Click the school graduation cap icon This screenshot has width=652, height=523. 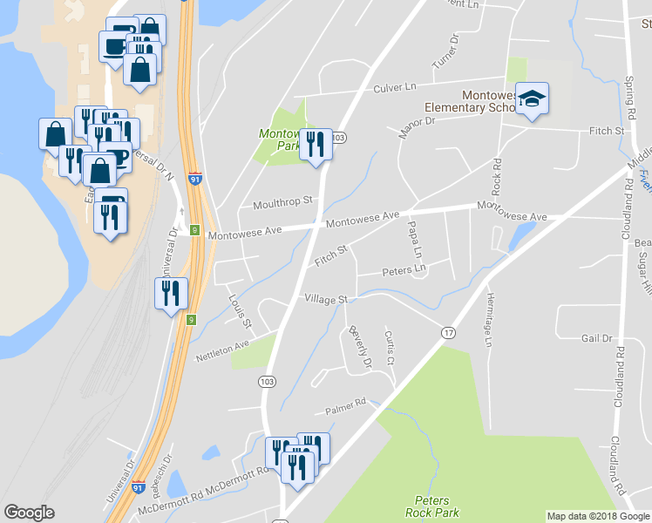click(531, 99)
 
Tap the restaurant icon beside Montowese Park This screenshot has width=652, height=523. click(316, 144)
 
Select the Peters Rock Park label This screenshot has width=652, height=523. click(433, 506)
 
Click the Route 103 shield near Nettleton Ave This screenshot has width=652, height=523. click(265, 381)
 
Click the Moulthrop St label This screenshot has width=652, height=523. click(282, 203)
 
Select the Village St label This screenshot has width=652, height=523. click(326, 299)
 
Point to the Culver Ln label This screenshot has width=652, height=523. click(395, 87)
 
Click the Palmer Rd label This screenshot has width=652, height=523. click(346, 404)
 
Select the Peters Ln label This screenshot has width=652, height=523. click(404, 271)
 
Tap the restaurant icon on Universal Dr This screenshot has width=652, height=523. click(170, 293)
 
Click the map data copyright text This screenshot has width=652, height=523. click(598, 516)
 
